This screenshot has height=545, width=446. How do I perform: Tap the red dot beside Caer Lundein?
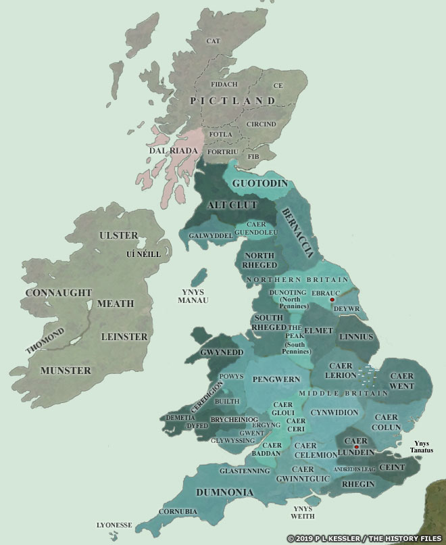pyautogui.click(x=356, y=447)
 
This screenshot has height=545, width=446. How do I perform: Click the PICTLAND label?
pyautogui.click(x=233, y=101)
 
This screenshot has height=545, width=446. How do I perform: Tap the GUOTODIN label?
pyautogui.click(x=260, y=183)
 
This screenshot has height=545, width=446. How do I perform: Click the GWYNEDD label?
pyautogui.click(x=222, y=352)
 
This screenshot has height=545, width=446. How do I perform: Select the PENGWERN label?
pyautogui.click(x=270, y=379)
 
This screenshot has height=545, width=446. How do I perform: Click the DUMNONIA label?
pyautogui.click(x=225, y=492)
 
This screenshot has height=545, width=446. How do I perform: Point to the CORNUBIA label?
pyautogui.click(x=177, y=511)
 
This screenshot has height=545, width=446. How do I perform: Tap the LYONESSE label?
pyautogui.click(x=114, y=525)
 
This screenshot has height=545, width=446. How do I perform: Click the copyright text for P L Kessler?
pyautogui.click(x=365, y=538)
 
